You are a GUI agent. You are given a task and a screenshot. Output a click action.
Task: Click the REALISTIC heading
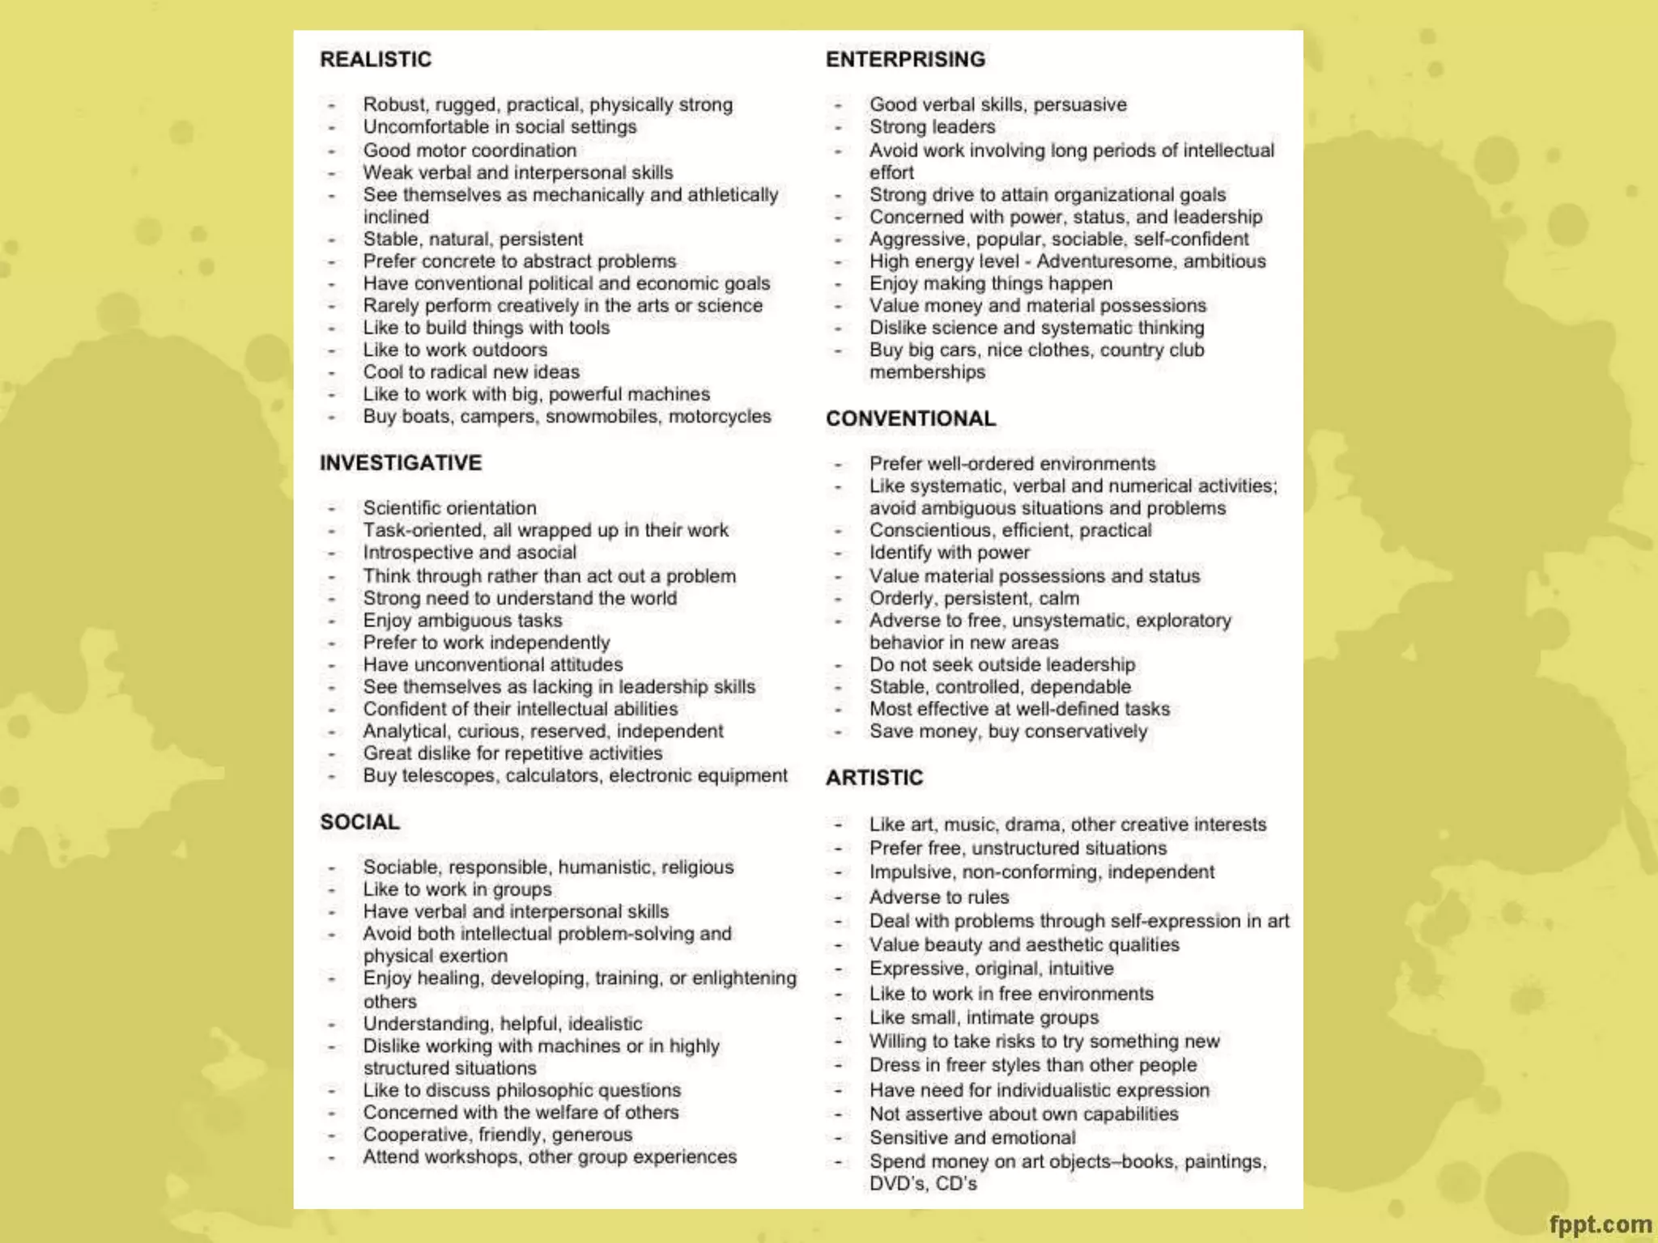point(376,59)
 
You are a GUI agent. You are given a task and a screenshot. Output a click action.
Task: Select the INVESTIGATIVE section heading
point(401,463)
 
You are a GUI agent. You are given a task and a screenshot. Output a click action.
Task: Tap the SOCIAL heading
point(359,822)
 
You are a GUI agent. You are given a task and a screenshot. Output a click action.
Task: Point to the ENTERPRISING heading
point(905,59)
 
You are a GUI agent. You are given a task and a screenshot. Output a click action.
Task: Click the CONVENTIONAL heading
point(911,418)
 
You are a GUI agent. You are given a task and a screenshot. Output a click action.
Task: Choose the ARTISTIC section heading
point(874,778)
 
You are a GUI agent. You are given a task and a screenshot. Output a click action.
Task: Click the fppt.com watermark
point(1600,1224)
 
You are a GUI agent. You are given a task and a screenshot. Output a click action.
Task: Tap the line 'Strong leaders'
point(932,127)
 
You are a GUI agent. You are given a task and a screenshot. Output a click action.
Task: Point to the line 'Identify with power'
point(949,553)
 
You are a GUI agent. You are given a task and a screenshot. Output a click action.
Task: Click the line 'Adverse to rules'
point(939,897)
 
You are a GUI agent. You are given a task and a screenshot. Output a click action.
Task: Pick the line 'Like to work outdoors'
point(455,350)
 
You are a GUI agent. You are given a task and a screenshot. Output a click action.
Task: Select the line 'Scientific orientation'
point(449,508)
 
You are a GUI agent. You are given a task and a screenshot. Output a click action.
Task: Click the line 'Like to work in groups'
point(457,889)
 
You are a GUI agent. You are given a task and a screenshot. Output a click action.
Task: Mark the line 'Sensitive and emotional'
point(972,1138)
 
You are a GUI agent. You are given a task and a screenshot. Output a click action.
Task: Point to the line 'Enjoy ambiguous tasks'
point(462,621)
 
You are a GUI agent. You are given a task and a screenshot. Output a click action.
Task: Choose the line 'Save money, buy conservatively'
point(1008,732)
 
